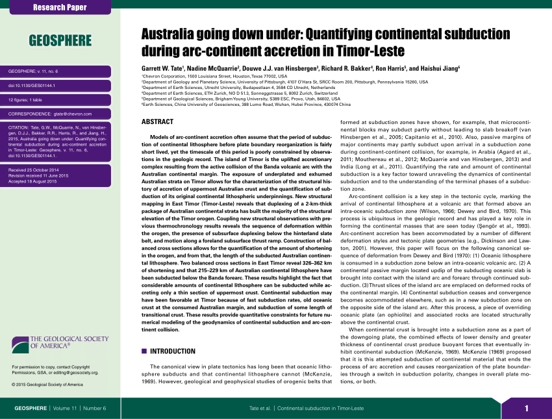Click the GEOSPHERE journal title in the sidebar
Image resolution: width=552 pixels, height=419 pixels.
(60, 41)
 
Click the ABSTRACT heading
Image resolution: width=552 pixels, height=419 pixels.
(157, 122)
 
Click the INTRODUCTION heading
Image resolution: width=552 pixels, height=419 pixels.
(173, 351)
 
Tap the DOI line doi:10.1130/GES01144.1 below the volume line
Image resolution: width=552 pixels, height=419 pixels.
(31, 85)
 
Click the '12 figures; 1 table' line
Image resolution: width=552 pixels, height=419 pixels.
(29, 99)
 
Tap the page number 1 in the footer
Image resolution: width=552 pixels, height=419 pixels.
(527, 408)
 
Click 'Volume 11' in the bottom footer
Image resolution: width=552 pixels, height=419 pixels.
(68, 408)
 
